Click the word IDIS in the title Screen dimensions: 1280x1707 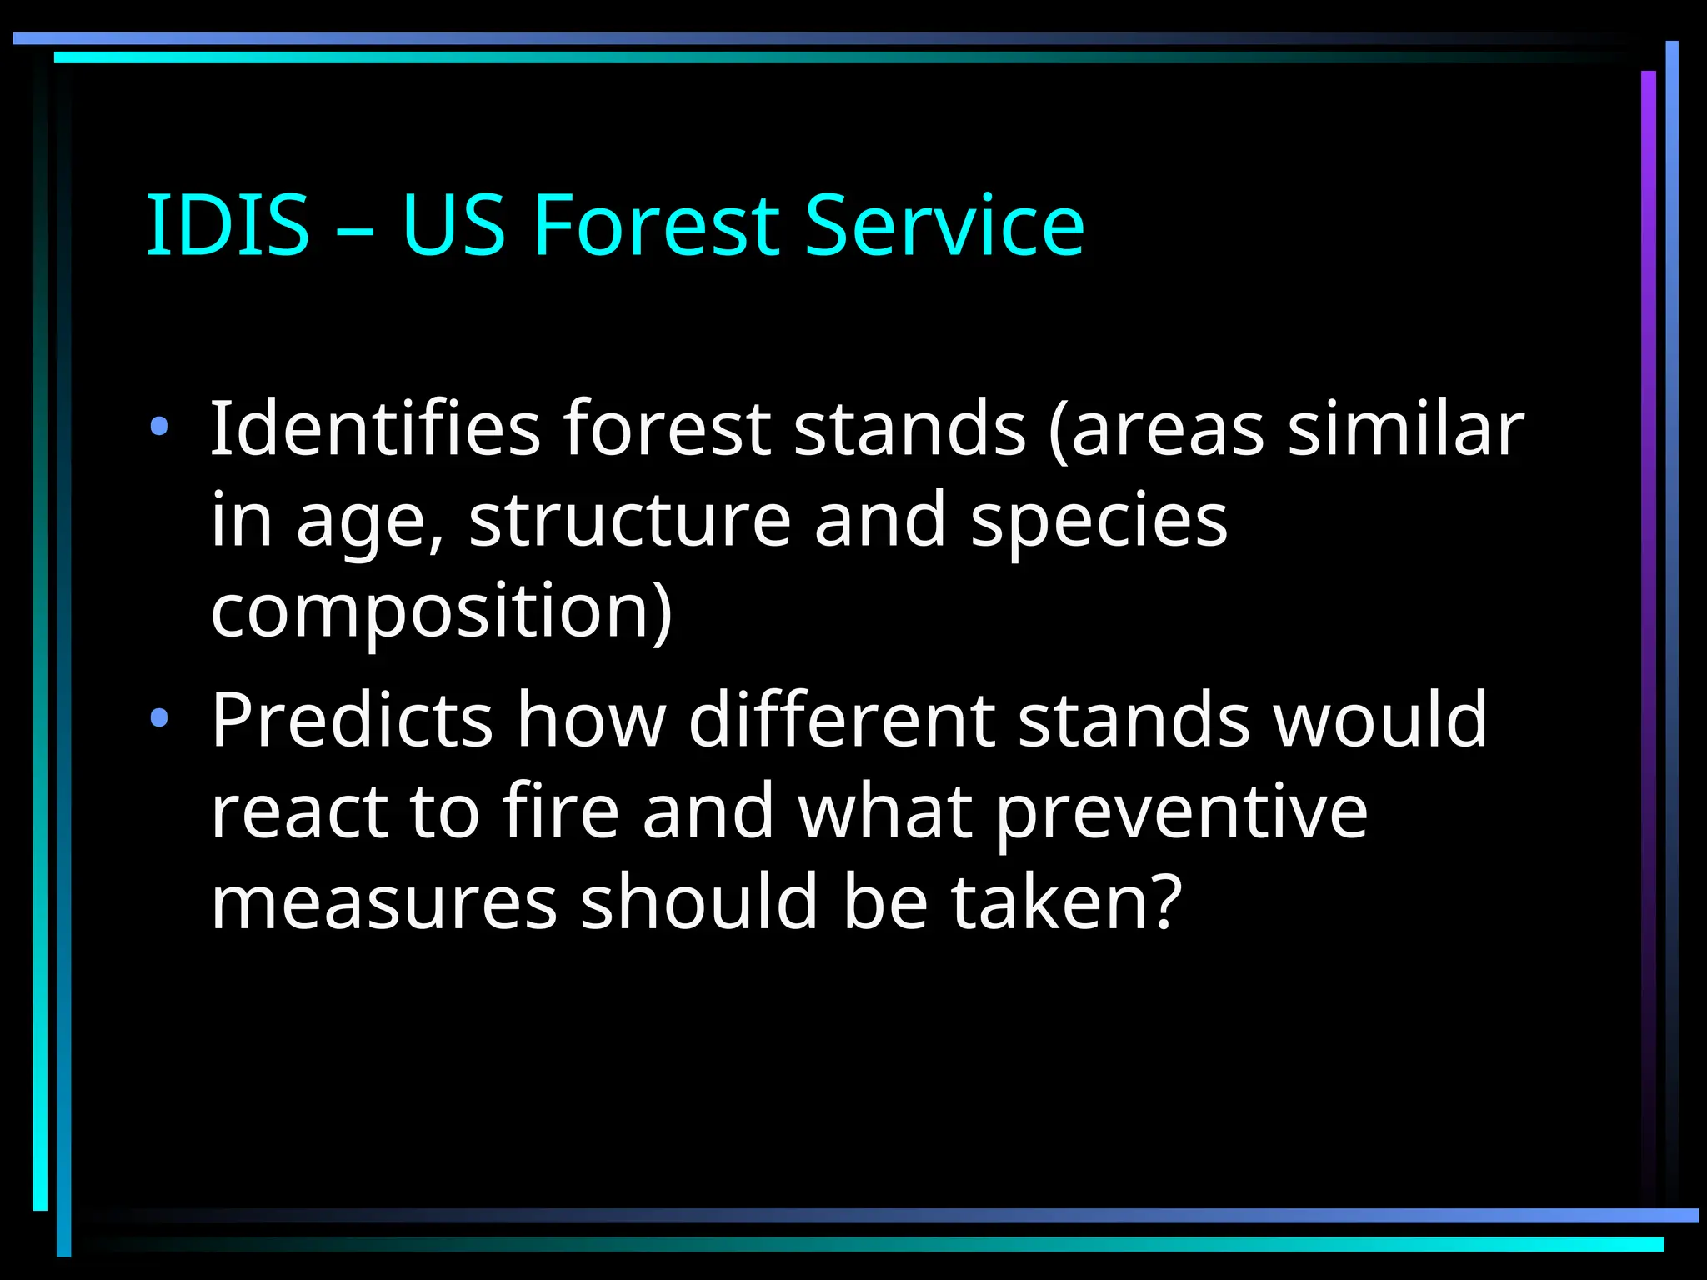tap(228, 225)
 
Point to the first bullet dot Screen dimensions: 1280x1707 tap(159, 428)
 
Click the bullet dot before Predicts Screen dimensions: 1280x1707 tap(159, 718)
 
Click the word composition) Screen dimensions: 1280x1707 tap(441, 613)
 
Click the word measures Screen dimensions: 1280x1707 tap(383, 903)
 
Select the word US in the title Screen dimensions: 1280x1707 tap(453, 225)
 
